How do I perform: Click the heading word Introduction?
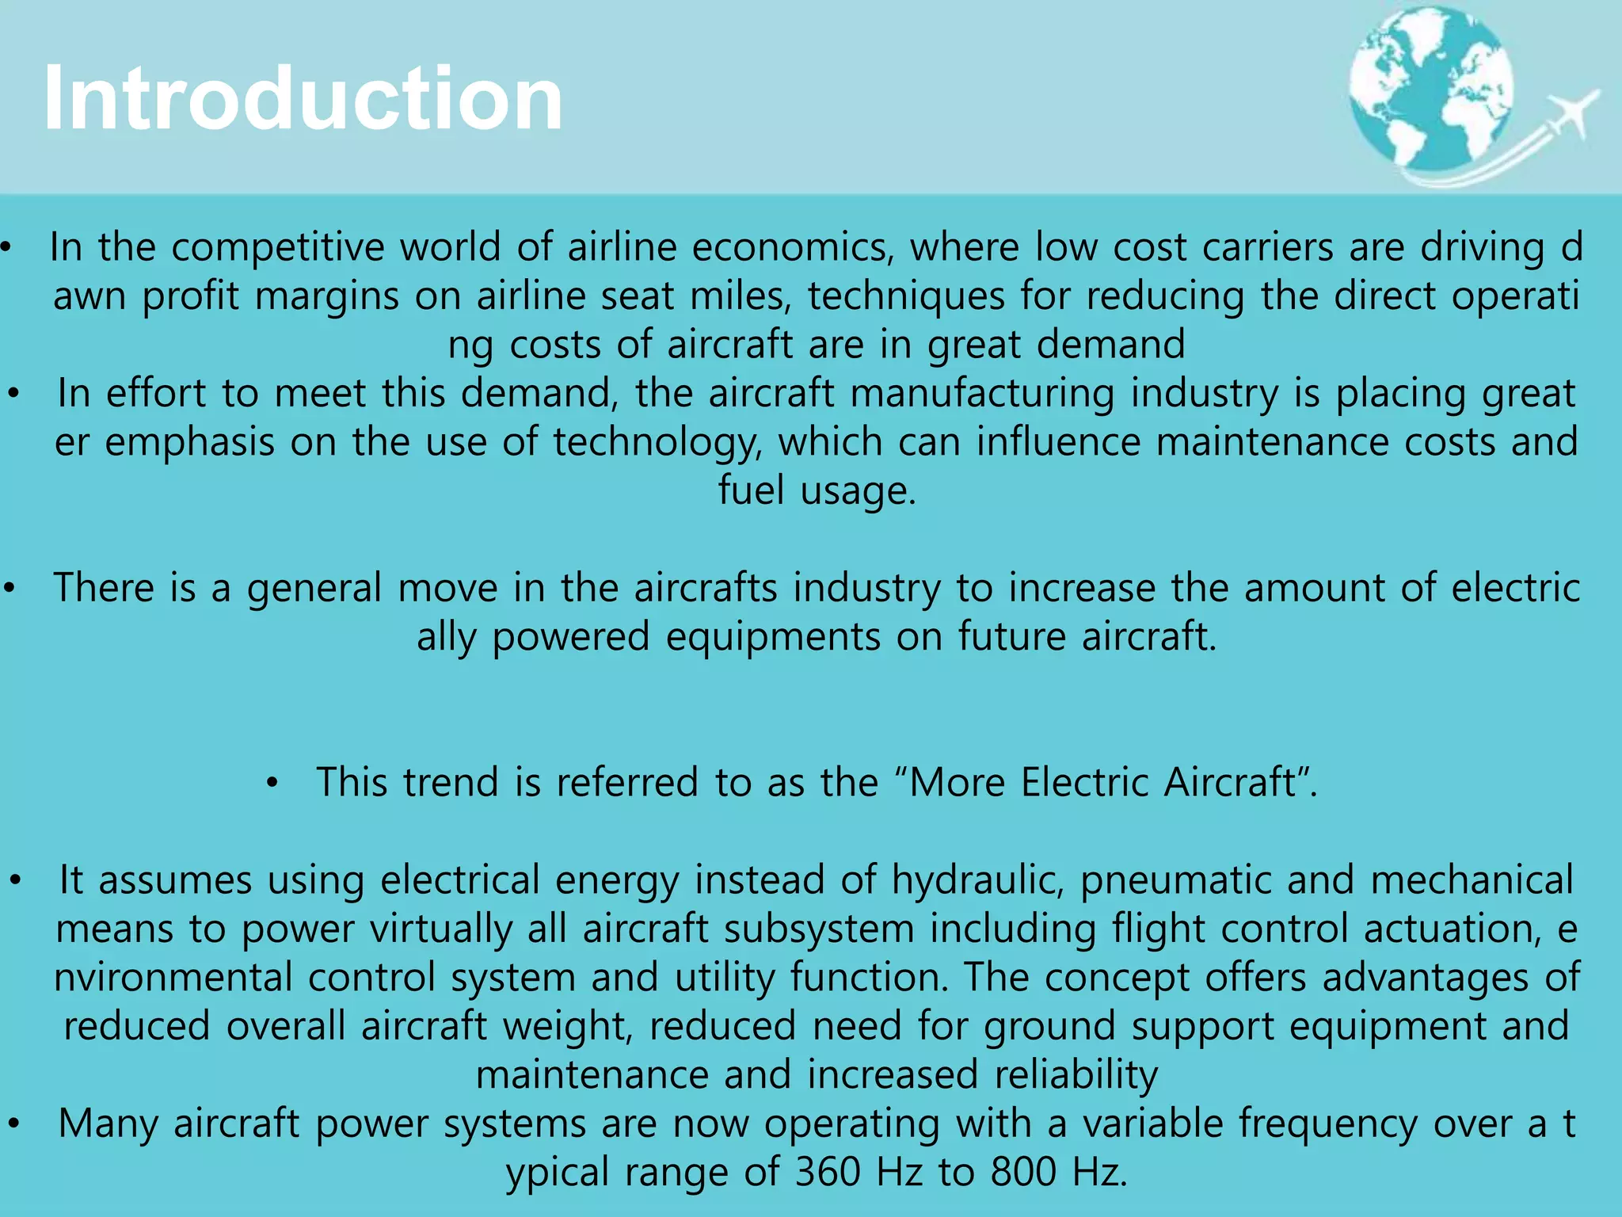click(303, 98)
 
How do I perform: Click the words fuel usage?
click(817, 490)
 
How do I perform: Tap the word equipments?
click(773, 636)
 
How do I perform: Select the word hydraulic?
click(977, 879)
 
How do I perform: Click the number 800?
click(1023, 1172)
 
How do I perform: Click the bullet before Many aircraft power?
click(13, 1124)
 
